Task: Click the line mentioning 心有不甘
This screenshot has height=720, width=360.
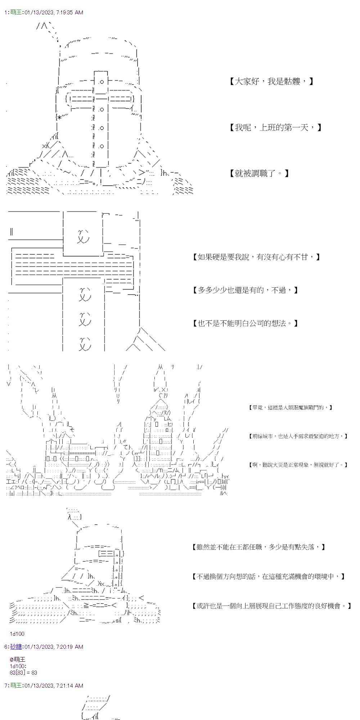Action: (x=256, y=257)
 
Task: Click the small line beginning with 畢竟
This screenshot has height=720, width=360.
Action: (x=290, y=408)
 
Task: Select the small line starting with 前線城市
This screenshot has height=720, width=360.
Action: (x=298, y=436)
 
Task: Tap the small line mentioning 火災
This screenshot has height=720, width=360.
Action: (x=298, y=465)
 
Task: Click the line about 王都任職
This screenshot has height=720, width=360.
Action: (x=259, y=547)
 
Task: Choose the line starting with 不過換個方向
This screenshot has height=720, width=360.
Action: (x=269, y=577)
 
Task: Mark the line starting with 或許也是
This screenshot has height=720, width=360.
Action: (x=272, y=606)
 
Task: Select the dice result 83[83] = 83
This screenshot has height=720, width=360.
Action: (x=24, y=672)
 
